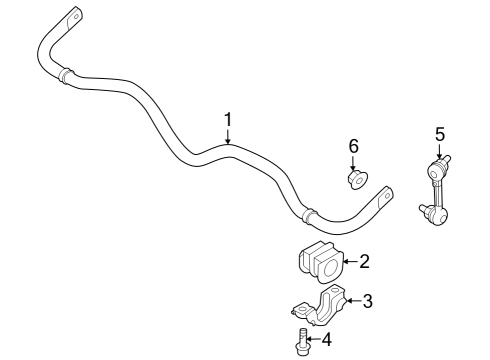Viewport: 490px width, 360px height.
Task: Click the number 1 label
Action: (228, 119)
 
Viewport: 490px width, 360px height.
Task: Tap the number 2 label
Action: (364, 262)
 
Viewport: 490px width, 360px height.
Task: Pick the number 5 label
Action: (438, 132)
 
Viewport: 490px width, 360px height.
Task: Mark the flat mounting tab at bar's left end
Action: (72, 19)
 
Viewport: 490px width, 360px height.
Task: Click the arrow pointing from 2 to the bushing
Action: (348, 263)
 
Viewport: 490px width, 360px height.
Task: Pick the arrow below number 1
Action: (228, 136)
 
